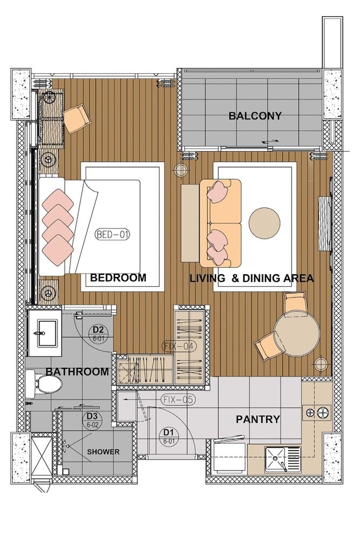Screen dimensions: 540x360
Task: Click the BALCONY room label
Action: (x=255, y=116)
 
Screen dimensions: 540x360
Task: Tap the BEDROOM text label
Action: (x=118, y=278)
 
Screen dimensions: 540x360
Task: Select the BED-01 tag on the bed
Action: (x=112, y=235)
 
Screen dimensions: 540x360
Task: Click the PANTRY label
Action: (x=258, y=419)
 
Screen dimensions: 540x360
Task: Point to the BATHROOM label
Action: (x=77, y=372)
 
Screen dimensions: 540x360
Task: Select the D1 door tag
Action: (x=168, y=435)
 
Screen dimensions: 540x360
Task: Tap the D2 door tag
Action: (x=98, y=332)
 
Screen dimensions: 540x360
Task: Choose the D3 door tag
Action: (x=92, y=419)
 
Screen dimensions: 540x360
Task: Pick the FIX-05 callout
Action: (x=178, y=400)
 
